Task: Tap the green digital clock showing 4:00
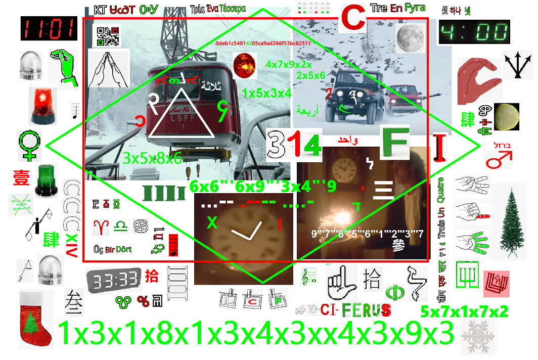point(474,33)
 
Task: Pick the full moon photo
point(410,38)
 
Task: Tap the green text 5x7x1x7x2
point(464,311)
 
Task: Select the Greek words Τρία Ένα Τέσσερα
point(218,9)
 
